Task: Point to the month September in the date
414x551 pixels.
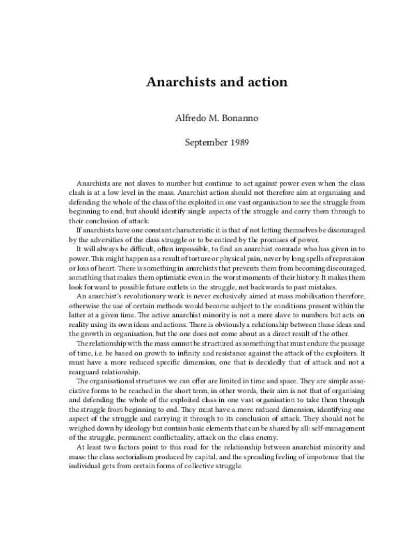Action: pos(205,142)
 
